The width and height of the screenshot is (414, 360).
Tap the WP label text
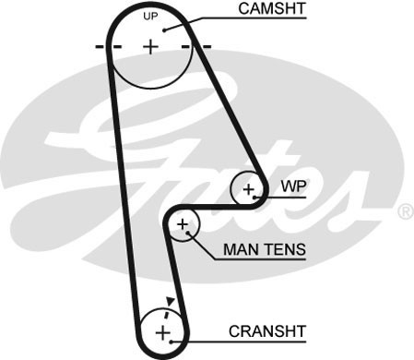click(x=292, y=186)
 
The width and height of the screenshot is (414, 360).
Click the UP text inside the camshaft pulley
click(x=151, y=18)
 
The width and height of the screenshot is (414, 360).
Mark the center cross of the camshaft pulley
click(x=151, y=45)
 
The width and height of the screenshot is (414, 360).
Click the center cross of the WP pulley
click(x=248, y=190)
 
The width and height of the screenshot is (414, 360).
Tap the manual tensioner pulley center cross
click(x=183, y=224)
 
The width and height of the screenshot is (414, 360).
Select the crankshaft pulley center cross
click(x=163, y=331)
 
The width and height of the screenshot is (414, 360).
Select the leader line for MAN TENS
click(x=205, y=244)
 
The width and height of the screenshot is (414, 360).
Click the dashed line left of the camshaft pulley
click(x=102, y=45)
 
